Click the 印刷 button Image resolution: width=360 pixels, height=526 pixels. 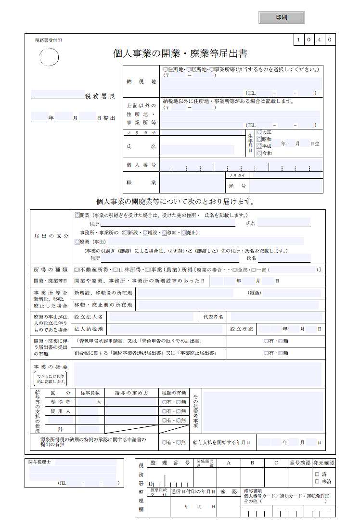pos(282,17)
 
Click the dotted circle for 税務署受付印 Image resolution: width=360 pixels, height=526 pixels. pos(48,57)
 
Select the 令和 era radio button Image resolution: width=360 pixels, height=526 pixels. pos(260,153)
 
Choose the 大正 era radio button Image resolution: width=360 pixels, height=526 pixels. pos(260,131)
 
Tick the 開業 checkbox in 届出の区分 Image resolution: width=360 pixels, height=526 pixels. pos(77,215)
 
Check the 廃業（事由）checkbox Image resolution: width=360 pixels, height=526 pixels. pos(77,242)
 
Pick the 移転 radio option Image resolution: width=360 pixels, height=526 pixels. pos(164,233)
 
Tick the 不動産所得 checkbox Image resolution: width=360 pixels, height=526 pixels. pos(77,269)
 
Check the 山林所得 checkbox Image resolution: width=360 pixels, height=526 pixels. pos(115,269)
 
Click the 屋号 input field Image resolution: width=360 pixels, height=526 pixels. pos(285,186)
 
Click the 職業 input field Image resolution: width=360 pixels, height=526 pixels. pos(192,183)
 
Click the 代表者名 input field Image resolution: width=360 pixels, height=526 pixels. pos(276,317)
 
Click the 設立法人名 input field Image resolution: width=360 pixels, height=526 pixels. pos(151,317)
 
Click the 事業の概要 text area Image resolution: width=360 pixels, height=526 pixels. pos(198,373)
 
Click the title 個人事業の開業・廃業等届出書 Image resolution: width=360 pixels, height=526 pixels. pos(180,53)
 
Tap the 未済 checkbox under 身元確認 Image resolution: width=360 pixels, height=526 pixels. pos(317,481)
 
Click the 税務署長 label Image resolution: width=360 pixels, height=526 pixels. pos(100,96)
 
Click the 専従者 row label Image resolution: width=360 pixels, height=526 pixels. pos(61,401)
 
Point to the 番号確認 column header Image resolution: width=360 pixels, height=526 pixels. pos(300,462)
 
